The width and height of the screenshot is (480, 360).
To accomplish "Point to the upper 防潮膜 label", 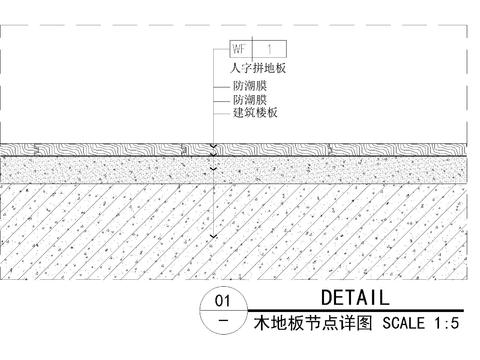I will [x=249, y=87].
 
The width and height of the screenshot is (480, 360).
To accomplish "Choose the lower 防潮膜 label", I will [x=249, y=100].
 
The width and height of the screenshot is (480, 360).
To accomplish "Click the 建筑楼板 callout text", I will [x=255, y=113].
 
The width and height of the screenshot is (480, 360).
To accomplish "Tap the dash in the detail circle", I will [x=222, y=322].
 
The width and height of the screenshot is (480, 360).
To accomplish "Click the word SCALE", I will [x=401, y=323].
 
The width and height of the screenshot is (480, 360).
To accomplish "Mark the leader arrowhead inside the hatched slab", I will [x=213, y=236].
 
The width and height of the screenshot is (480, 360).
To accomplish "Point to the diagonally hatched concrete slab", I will [x=120, y=230].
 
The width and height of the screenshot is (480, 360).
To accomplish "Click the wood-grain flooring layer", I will [x=120, y=150].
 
